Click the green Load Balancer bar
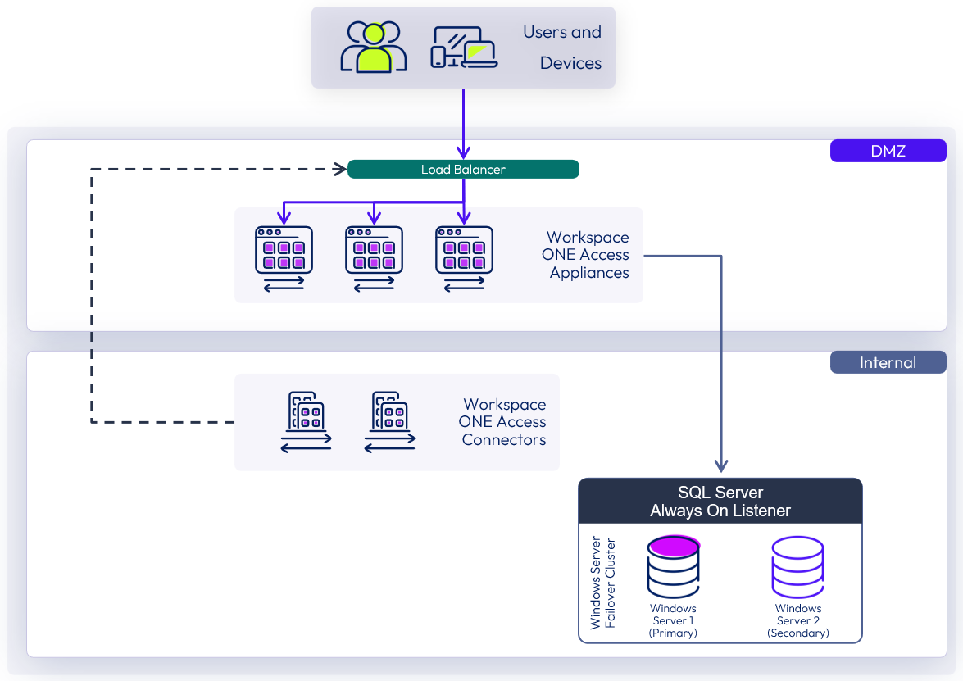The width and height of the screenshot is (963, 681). point(463,170)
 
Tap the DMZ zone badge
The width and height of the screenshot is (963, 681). point(888,151)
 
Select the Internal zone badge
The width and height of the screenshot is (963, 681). point(888,363)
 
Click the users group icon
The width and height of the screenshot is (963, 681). point(374,47)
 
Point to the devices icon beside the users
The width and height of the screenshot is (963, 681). point(464,48)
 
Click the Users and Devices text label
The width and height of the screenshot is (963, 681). point(562,48)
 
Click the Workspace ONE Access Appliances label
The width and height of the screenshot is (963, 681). point(587,255)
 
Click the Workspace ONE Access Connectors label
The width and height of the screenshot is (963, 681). point(503,422)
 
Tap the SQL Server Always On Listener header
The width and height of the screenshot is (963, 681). point(720,502)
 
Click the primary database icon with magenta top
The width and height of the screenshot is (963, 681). point(673,567)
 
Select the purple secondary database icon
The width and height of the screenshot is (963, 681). point(797,567)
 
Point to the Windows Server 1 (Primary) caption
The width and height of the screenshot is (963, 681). point(673,620)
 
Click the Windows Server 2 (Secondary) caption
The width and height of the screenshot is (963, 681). point(797,620)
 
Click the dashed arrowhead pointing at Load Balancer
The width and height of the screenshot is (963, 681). point(341,170)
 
